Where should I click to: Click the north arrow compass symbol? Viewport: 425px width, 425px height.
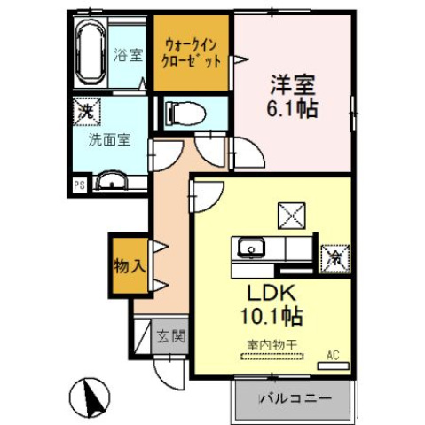pyautogui.click(x=87, y=395)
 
